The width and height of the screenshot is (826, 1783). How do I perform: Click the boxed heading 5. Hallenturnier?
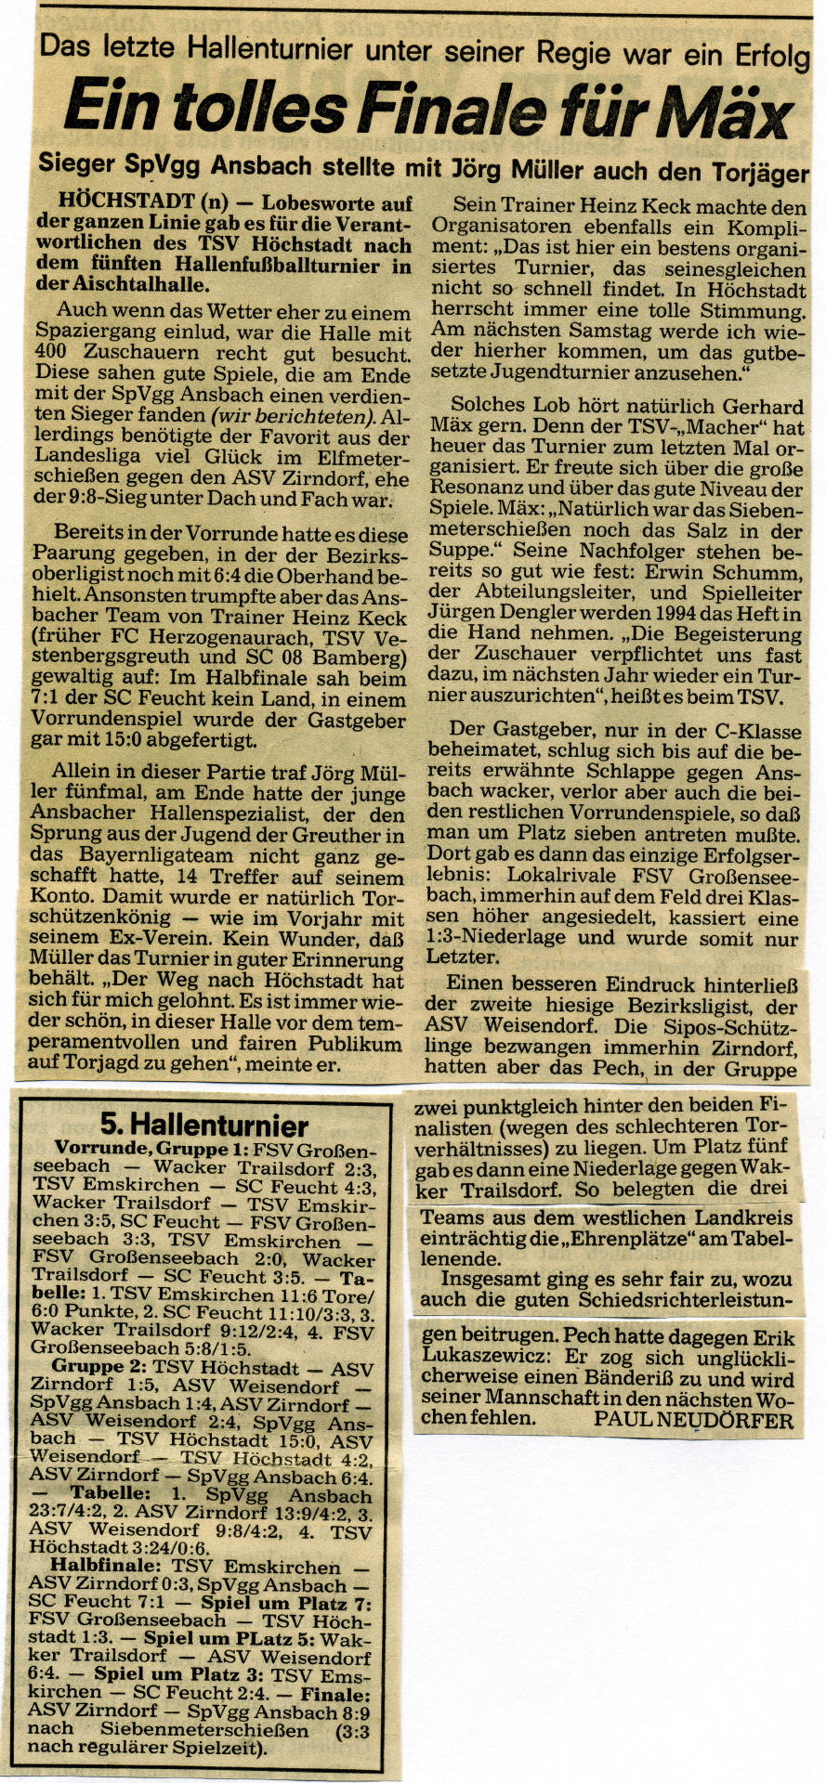click(204, 1126)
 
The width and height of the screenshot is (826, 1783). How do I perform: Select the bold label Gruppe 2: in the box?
click(101, 1367)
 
